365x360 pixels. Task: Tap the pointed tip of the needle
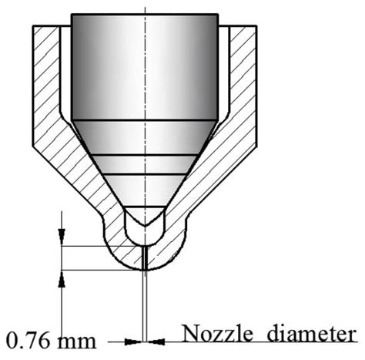(144, 223)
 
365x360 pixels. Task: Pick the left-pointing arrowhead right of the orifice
(152, 338)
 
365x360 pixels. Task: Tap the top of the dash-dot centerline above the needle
(144, 6)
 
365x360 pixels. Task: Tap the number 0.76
(34, 338)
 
